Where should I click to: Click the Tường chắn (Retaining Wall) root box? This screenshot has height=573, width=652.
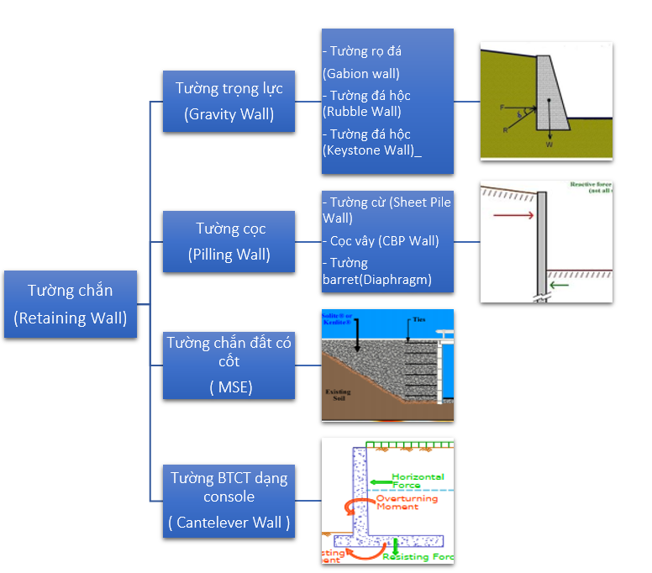(70, 304)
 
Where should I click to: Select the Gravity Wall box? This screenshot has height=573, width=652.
(229, 101)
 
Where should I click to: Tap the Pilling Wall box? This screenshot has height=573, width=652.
(230, 241)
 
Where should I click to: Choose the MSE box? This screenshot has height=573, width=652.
(229, 365)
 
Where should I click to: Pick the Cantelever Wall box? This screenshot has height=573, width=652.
(229, 500)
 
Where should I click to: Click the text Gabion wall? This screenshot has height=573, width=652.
(361, 74)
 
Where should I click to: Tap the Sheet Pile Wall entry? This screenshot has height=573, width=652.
(386, 210)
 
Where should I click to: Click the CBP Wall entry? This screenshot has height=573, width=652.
(384, 241)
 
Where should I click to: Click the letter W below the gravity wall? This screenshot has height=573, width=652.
(549, 145)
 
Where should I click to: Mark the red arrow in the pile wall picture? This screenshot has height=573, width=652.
(512, 215)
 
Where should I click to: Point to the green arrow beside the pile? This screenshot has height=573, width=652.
(559, 284)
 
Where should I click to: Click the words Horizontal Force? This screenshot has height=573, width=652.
(418, 480)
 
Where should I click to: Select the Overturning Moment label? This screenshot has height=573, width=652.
(407, 502)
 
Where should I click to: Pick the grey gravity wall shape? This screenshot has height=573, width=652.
(550, 92)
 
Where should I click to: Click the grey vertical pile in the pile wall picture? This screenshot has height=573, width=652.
(541, 244)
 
